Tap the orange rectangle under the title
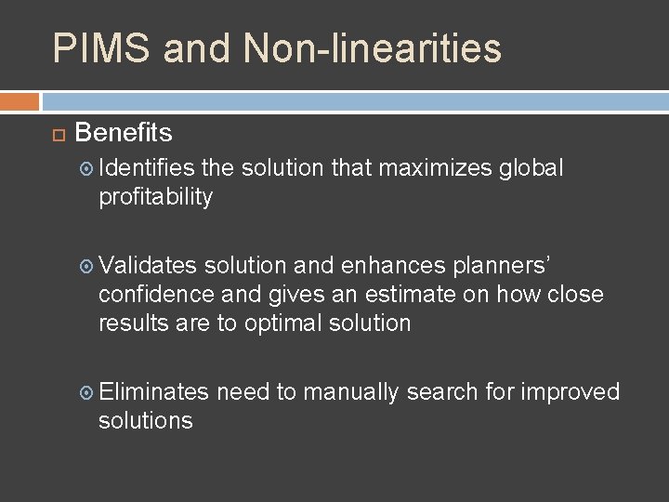tap(20, 100)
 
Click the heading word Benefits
tap(124, 133)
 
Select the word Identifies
tap(147, 168)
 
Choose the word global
tap(531, 168)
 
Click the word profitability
tap(156, 197)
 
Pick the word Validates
tap(148, 266)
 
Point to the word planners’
tap(503, 266)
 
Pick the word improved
tap(570, 392)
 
